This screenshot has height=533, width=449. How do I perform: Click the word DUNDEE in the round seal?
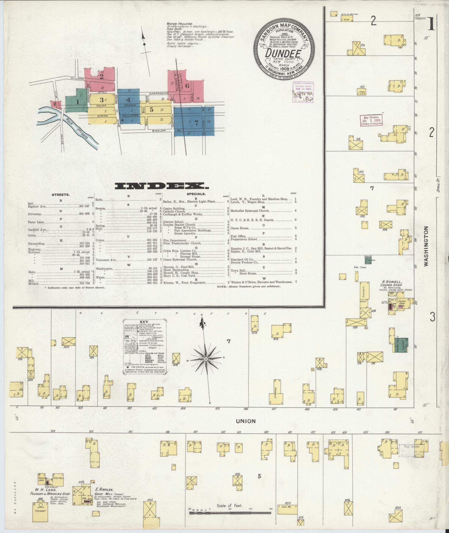coord(283,53)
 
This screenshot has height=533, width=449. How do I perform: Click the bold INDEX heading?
coord(162,186)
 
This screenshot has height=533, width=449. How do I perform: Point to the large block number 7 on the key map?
coord(196,124)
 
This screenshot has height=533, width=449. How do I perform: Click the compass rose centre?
coord(206,359)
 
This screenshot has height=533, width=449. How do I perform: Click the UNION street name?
coord(246,421)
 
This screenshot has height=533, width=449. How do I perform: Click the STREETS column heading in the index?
coord(61,195)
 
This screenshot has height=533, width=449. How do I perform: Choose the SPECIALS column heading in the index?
coord(196,193)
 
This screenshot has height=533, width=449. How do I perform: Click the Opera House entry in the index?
coord(240,228)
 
